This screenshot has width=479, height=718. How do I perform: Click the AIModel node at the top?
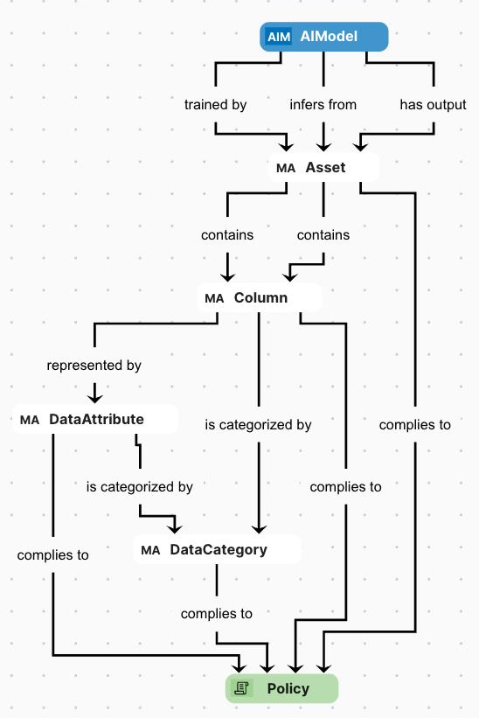(323, 37)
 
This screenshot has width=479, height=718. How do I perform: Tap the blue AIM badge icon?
(279, 37)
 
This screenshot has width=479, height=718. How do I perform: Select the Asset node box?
(324, 167)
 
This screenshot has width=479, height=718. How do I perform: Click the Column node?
(259, 297)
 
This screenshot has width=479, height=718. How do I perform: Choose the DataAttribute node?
(95, 419)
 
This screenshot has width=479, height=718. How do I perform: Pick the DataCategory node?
(217, 549)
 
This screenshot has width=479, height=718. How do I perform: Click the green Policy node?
(281, 688)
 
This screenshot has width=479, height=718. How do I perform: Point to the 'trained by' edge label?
(215, 104)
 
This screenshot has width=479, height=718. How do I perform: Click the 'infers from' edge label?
(323, 104)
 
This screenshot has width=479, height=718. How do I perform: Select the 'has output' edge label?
(433, 104)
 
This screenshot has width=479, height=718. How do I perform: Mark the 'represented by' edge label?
(94, 365)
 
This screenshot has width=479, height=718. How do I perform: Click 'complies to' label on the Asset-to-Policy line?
(415, 424)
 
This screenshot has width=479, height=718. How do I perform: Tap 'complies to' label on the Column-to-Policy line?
(346, 486)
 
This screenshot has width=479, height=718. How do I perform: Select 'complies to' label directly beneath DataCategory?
(217, 613)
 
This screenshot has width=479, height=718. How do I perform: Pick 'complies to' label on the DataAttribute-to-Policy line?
(52, 554)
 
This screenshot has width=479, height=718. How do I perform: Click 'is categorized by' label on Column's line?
(258, 424)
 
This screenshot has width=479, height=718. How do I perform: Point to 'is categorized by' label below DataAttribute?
(140, 486)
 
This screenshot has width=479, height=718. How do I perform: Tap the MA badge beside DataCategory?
(150, 550)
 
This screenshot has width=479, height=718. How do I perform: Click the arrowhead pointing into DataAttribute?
(94, 395)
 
